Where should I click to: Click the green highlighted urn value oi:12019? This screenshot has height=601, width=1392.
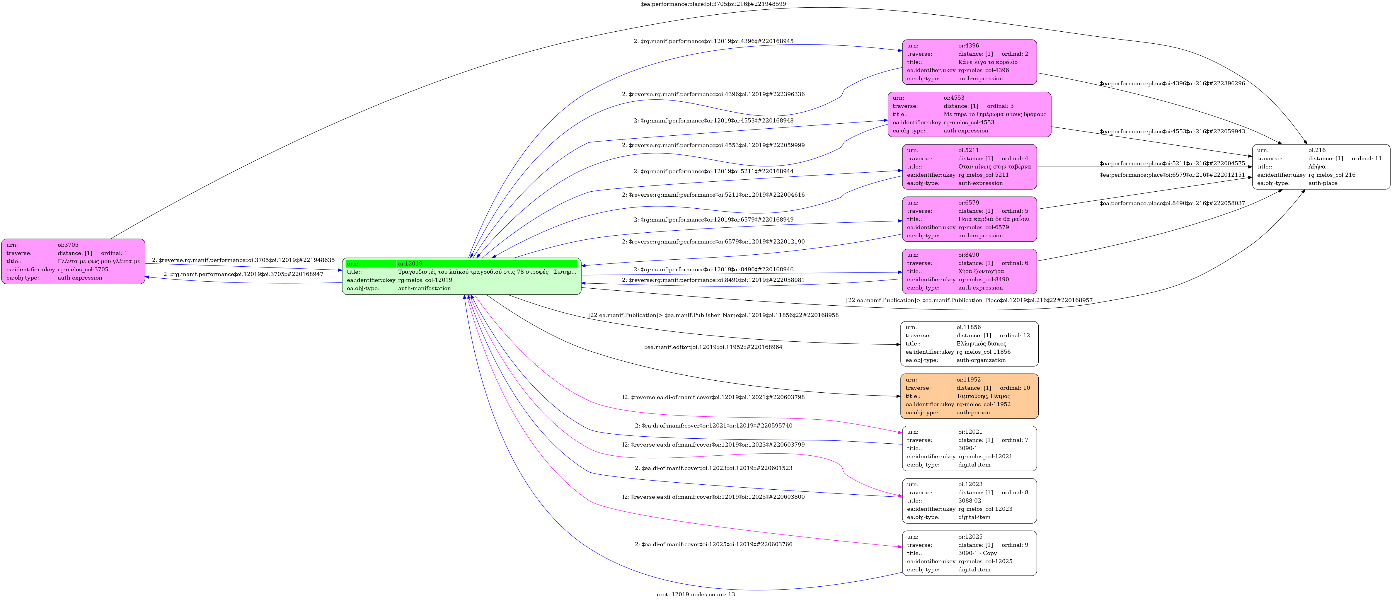[410, 264]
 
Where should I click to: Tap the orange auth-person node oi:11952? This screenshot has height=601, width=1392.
[969, 396]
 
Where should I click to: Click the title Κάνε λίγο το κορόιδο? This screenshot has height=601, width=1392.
[988, 62]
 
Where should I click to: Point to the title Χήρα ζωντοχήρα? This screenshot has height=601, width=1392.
[981, 271]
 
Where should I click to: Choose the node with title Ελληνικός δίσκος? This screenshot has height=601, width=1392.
[969, 344]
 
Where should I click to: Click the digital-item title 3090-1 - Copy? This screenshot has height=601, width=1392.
[977, 553]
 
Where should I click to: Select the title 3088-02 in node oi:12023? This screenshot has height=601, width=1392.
[970, 500]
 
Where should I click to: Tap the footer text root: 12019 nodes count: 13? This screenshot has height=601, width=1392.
[696, 595]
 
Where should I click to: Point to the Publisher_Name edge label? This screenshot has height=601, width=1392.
[713, 315]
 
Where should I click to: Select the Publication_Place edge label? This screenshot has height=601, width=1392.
[969, 300]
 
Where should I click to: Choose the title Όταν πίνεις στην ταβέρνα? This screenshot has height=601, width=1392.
[994, 166]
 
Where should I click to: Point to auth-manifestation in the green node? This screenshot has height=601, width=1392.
[424, 288]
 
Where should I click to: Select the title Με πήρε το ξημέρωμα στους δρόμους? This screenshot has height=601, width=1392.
[995, 114]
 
